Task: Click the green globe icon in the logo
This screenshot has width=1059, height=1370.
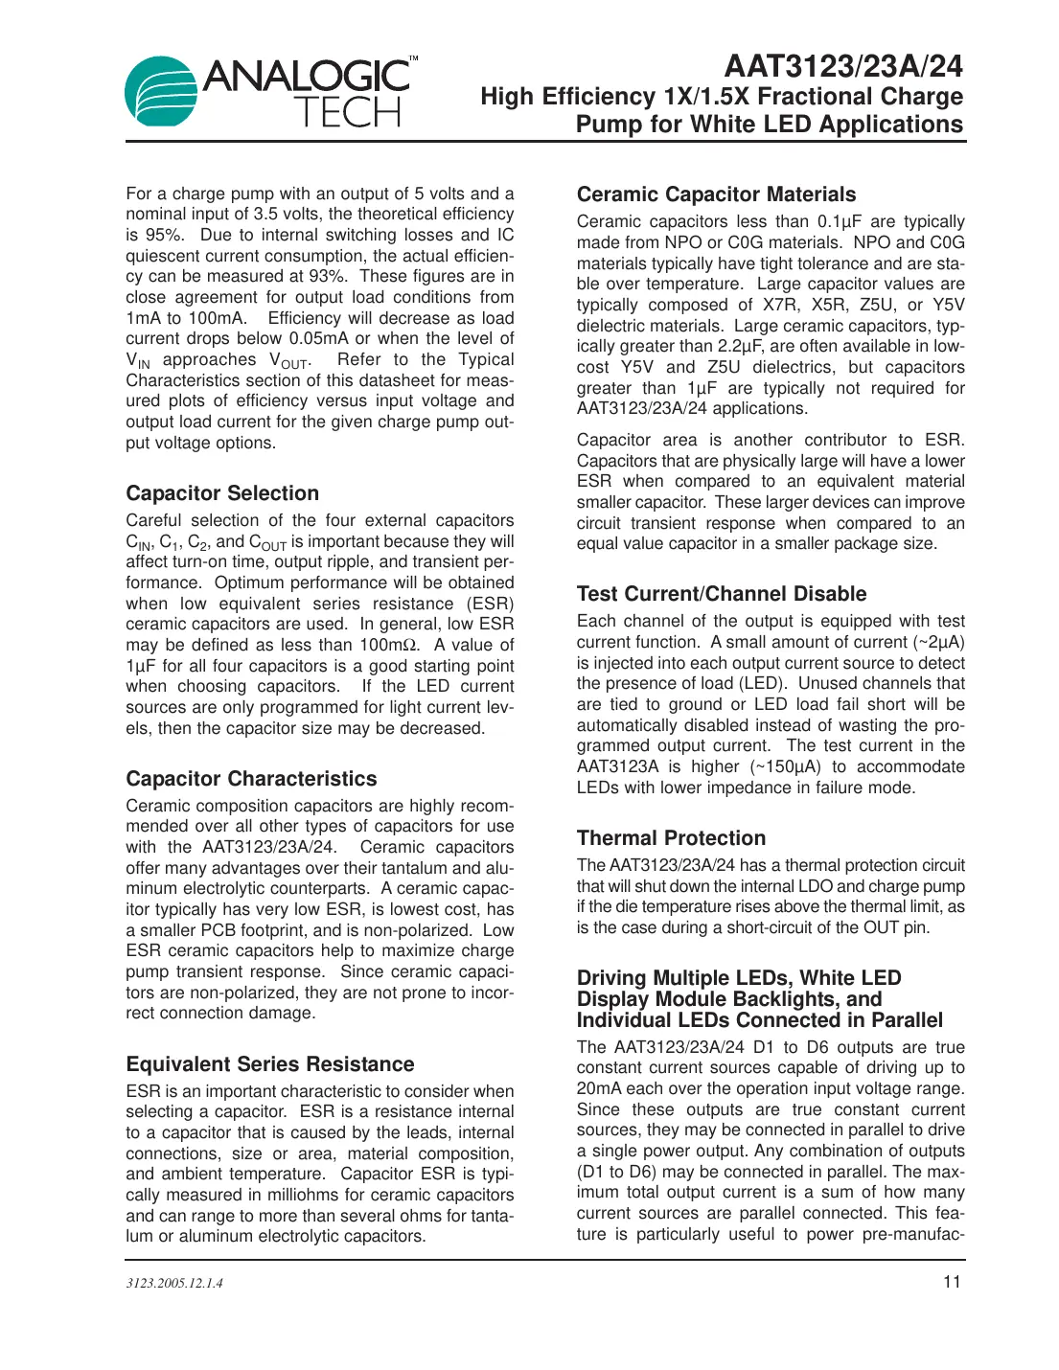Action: point(161,92)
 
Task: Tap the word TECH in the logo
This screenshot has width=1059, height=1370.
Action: point(347,113)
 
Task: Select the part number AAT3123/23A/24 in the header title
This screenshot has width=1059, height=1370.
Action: point(843,65)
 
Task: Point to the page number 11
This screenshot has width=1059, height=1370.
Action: point(952,1282)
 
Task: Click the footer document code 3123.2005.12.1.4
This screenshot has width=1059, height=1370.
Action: point(174,1283)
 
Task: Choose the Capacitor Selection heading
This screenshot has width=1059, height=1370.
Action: point(222,493)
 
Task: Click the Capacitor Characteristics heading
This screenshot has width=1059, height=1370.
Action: point(251,779)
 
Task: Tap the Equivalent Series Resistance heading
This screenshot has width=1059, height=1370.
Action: point(270,1064)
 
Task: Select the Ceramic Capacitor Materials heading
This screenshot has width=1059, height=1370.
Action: point(716,194)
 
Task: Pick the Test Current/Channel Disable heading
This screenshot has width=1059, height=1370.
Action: point(722,594)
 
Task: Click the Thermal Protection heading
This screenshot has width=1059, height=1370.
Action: point(671,838)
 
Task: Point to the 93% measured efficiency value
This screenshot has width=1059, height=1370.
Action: point(327,276)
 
